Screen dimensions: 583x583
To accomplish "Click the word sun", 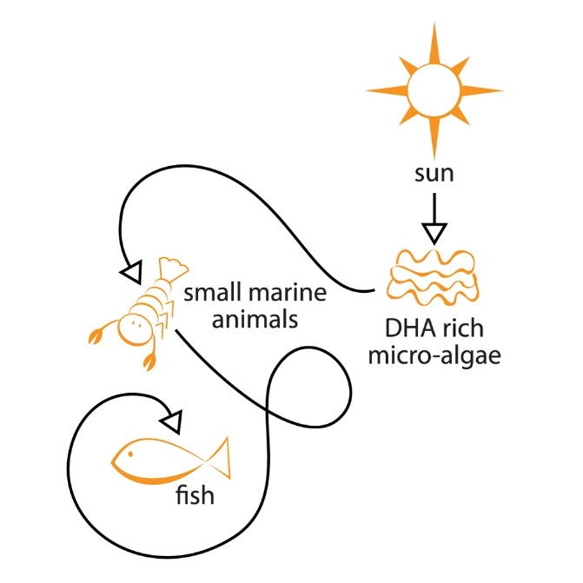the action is click(x=434, y=174).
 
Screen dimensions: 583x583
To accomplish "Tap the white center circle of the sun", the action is click(x=434, y=90).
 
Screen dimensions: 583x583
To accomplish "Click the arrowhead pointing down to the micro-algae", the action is click(x=434, y=234).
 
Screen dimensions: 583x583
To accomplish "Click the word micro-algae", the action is click(x=434, y=356).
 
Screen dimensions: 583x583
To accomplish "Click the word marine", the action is click(x=287, y=292).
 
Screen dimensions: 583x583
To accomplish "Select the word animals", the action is click(x=255, y=320).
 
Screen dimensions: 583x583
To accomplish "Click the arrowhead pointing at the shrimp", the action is click(x=131, y=272).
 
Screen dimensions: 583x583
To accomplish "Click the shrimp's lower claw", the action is click(x=149, y=361).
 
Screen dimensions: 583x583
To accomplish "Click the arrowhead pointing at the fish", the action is click(x=171, y=422).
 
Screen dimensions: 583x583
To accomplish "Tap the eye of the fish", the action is click(x=130, y=454).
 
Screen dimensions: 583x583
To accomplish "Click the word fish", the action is click(x=195, y=495).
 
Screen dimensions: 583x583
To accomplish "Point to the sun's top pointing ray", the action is click(x=434, y=43).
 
